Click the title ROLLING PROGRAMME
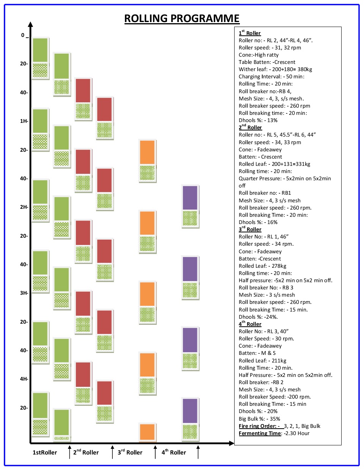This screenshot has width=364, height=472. tap(182, 19)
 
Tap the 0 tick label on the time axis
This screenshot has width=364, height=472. tap(23, 35)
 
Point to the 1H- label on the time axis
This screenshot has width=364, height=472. tap(24, 121)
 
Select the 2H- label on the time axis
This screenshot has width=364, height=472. tap(24, 207)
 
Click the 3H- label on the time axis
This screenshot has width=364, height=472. tap(24, 293)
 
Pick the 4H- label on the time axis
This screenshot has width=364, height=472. tap(24, 379)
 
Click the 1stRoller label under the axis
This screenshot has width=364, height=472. tap(44, 452)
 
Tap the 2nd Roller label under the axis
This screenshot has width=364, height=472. tap(86, 452)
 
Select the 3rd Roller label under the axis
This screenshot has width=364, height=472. tap(130, 452)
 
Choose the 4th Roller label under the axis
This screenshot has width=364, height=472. tap(173, 452)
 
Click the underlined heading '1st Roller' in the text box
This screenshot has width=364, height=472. tap(250, 33)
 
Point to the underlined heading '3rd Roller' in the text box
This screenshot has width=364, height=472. tap(250, 229)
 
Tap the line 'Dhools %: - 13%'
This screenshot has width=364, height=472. tap(258, 120)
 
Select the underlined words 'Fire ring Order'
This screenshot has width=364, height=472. tap(259, 426)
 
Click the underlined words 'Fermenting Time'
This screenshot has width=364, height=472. tap(260, 433)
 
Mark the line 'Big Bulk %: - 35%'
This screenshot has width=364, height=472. tap(259, 419)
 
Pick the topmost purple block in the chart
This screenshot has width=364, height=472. tap(190, 198)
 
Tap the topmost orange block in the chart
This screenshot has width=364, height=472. tap(147, 152)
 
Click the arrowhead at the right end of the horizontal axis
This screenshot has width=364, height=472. tap(232, 443)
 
